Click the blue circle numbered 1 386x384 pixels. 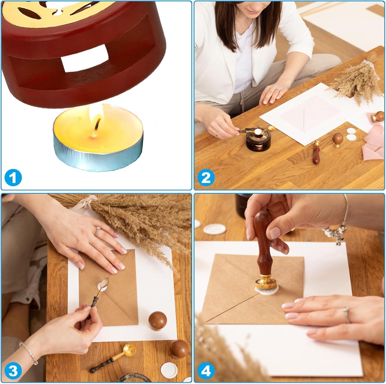tap(13, 178)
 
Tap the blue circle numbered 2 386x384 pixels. tap(206, 178)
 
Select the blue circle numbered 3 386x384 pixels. tap(13, 371)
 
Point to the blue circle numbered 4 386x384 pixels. tap(206, 371)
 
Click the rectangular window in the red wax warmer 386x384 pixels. tap(84, 58)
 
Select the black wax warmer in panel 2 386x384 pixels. tap(256, 141)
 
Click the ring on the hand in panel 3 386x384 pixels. tap(98, 231)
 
